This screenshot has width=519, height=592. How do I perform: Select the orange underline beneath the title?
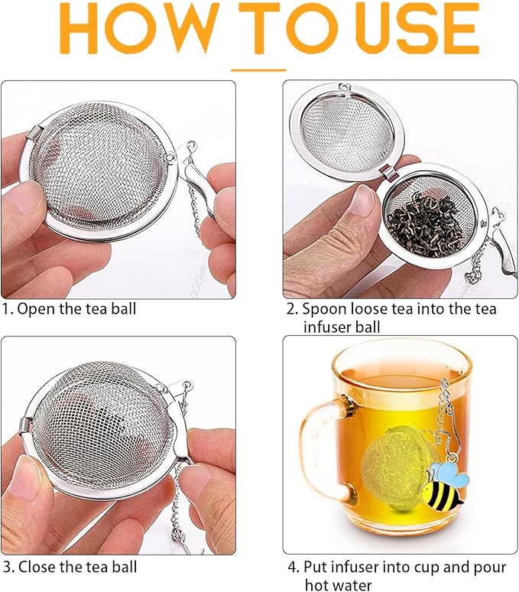tap(258, 70)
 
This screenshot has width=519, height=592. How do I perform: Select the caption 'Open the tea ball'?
tap(76, 309)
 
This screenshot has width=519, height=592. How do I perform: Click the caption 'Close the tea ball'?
tap(77, 567)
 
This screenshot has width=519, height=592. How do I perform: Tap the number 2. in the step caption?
tap(292, 309)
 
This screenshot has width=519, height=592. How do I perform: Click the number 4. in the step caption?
tap(293, 567)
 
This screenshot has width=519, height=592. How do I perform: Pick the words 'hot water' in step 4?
tap(337, 585)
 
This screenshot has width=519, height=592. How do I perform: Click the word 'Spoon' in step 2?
tap(321, 309)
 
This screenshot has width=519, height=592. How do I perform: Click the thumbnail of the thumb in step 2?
tap(364, 202)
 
